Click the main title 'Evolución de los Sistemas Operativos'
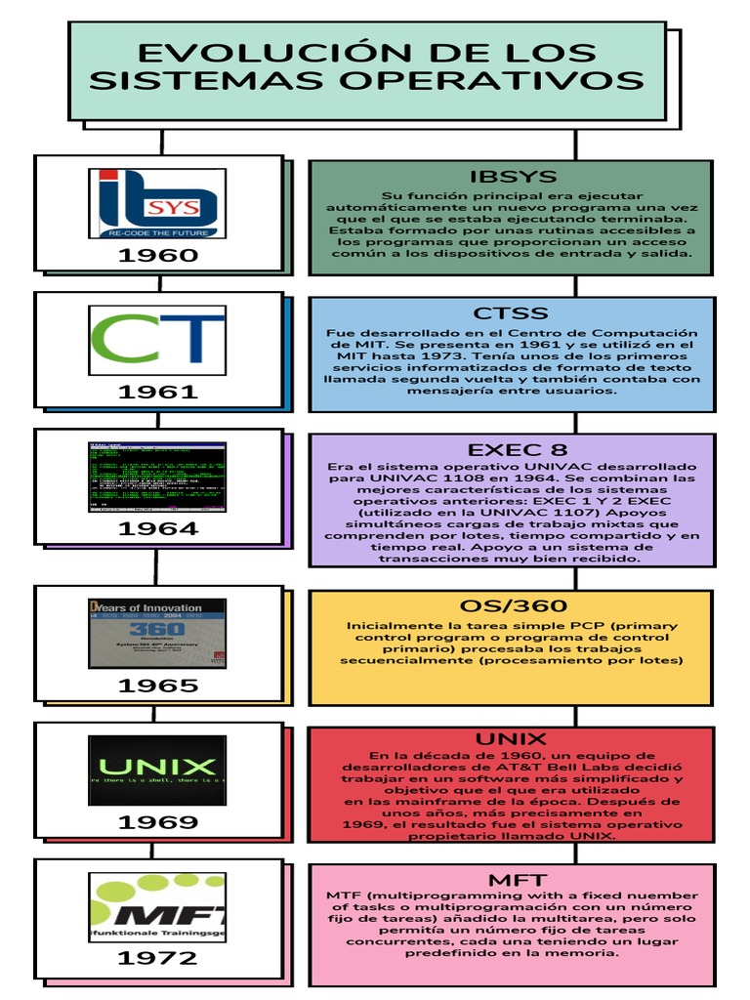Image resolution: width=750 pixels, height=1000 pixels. [x=366, y=66]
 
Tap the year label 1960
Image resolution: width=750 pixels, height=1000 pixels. [x=157, y=255]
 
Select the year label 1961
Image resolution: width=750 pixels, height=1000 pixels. [x=157, y=392]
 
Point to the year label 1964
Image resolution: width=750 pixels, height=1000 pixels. [x=157, y=528]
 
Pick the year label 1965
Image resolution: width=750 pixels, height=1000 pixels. [x=157, y=685]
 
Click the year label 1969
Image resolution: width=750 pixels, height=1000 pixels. [x=157, y=821]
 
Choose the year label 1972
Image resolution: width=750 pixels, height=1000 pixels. [x=157, y=958]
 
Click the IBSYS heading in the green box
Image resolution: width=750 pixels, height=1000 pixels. [x=512, y=177]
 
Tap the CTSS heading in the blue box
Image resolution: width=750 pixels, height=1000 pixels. [x=512, y=313]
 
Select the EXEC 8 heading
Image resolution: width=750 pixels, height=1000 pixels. [x=512, y=450]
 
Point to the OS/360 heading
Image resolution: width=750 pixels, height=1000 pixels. [x=512, y=605]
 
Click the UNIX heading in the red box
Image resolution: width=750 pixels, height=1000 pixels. [x=512, y=738]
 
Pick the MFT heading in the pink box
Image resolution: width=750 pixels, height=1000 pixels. [x=512, y=880]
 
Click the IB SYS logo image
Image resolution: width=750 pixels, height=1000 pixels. [x=157, y=203]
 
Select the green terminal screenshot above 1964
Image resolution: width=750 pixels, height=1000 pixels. [x=157, y=478]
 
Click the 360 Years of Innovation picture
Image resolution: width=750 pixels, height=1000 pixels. [x=157, y=633]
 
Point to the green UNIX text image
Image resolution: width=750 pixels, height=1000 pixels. [x=157, y=771]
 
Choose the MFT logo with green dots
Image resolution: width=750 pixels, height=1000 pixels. [x=157, y=907]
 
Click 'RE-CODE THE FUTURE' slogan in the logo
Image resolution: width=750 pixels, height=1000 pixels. [x=157, y=233]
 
